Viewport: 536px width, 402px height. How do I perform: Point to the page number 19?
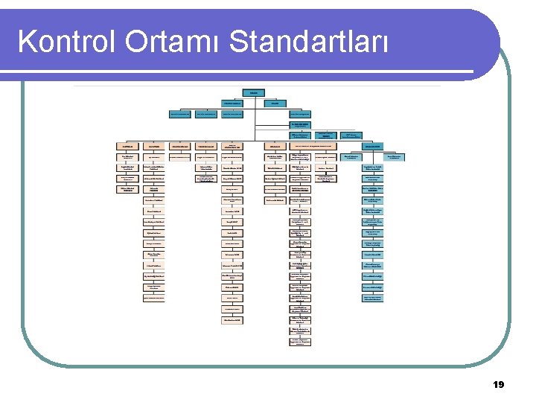[x=498, y=385]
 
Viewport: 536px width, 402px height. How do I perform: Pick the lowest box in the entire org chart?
[x=299, y=342]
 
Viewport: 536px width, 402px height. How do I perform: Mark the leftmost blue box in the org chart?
[x=179, y=114]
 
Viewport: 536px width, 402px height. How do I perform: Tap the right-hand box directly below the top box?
[x=275, y=103]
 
